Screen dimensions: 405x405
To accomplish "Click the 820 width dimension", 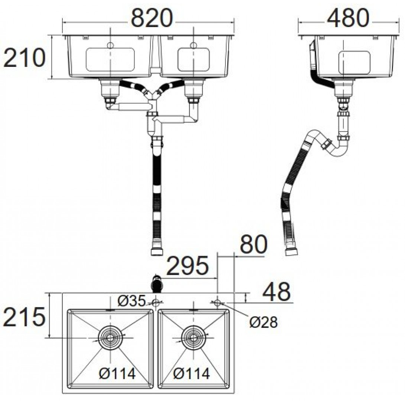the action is [x=151, y=18].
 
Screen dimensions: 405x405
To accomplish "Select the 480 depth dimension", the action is [x=348, y=18].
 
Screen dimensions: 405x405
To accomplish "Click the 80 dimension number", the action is [x=253, y=244].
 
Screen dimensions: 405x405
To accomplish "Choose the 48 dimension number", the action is [x=276, y=292].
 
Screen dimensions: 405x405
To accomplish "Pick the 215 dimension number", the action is [x=24, y=317].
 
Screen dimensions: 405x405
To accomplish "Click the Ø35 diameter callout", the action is [x=132, y=301].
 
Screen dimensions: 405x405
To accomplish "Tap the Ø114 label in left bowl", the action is [x=117, y=373].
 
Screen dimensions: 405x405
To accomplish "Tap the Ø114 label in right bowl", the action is [x=191, y=373].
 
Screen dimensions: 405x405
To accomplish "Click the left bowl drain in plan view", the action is [x=110, y=338].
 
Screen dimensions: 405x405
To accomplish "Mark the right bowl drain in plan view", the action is [x=193, y=338].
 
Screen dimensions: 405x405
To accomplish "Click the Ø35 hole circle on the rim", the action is [x=156, y=302].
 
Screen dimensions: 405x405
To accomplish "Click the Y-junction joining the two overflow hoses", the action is [x=151, y=95].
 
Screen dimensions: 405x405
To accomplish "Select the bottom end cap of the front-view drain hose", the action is [x=157, y=252].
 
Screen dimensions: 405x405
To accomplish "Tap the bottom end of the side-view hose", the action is [x=291, y=252].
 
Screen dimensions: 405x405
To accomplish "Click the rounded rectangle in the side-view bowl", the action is [x=354, y=62].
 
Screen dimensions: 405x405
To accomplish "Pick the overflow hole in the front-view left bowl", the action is [x=110, y=45].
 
